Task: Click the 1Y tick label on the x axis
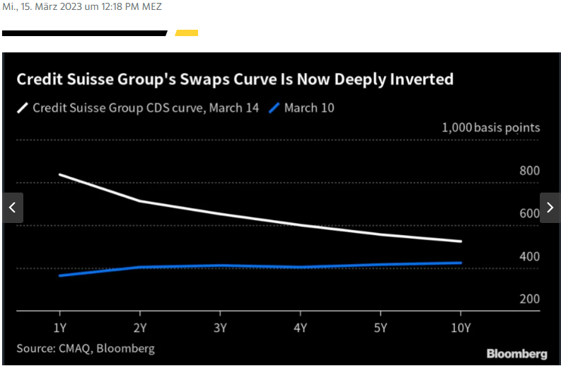click(x=59, y=327)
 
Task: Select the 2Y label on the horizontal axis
click(x=140, y=327)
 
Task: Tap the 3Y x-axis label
click(x=220, y=327)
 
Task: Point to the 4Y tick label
click(x=300, y=327)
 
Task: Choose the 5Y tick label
click(x=381, y=327)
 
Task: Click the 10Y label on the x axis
click(x=461, y=327)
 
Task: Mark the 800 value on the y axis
click(x=529, y=171)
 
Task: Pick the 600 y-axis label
click(x=529, y=213)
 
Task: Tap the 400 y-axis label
click(x=529, y=256)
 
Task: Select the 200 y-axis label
click(x=529, y=299)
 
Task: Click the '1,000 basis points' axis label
click(x=491, y=127)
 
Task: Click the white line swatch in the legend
click(x=23, y=108)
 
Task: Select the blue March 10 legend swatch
click(x=274, y=108)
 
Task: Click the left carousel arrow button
click(x=13, y=208)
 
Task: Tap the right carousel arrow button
click(x=550, y=208)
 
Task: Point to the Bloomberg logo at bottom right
click(x=516, y=353)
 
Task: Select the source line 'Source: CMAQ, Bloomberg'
click(x=86, y=348)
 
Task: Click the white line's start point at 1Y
click(x=59, y=174)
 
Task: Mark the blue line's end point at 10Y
click(x=461, y=263)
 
